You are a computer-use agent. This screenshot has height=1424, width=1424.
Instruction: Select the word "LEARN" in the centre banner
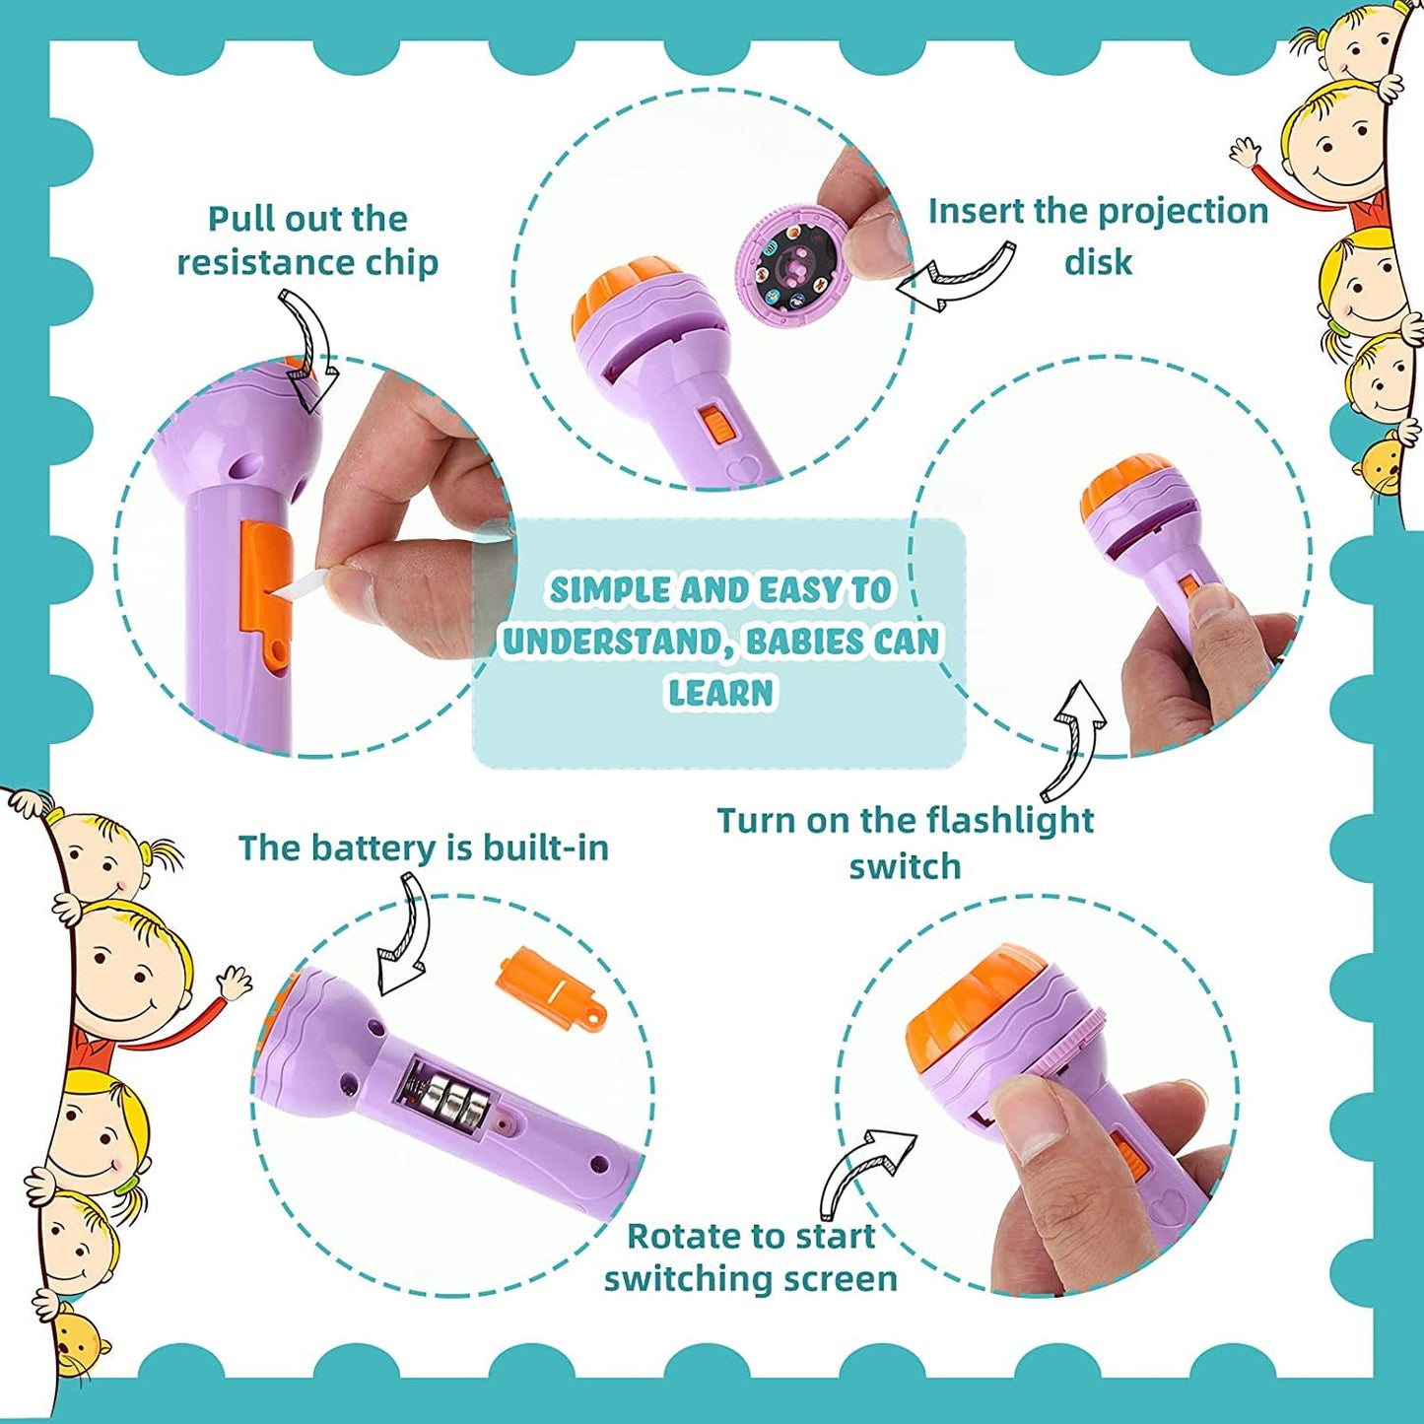pos(720,693)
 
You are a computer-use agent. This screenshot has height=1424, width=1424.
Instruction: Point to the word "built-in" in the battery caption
pos(545,848)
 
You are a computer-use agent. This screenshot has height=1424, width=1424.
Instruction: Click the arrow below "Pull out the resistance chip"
pos(310,350)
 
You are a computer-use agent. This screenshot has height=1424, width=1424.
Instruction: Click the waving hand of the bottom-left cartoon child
pos(235,982)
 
